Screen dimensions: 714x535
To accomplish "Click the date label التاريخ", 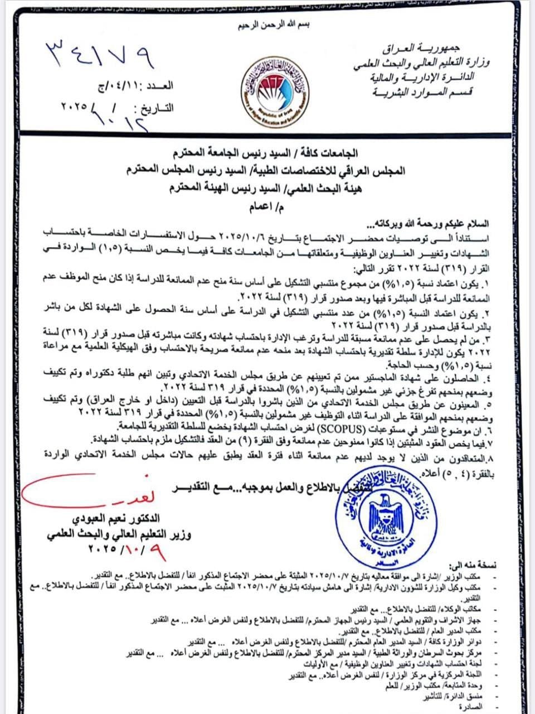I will tap(155, 107).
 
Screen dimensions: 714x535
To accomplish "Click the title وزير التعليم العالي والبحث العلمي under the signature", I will tap(119, 534).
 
